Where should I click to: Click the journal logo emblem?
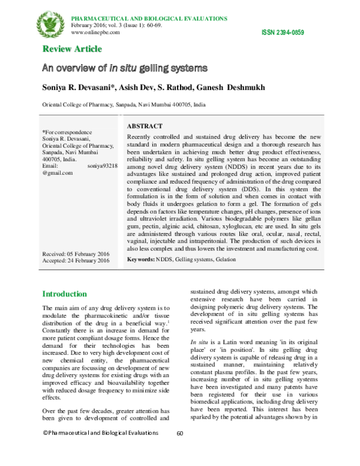pos(51,22)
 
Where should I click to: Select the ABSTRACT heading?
pos(145,127)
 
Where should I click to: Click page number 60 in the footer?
pos(179,450)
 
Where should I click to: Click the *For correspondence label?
pos(67,132)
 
